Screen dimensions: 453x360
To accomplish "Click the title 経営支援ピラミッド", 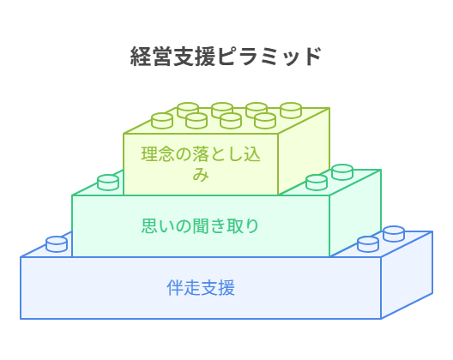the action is coord(226,57).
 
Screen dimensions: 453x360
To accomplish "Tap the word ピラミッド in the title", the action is coord(269,57).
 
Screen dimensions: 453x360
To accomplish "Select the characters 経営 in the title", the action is coord(151,57).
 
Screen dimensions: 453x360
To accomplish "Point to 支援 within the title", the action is coord(195,57).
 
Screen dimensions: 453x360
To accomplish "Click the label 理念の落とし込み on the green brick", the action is coord(201,164).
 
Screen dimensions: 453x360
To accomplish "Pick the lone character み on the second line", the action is coord(201,174).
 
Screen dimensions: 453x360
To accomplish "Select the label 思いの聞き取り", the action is coord(200,225).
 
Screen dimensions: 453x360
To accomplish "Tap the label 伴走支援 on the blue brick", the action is coord(201,287).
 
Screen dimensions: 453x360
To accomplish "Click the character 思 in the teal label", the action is coord(149,225).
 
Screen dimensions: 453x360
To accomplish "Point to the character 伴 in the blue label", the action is coord(175,287).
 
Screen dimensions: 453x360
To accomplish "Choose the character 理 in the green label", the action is coord(149,154).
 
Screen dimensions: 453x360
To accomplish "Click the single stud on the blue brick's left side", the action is coord(57,244).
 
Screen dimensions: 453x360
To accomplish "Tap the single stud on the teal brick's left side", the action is coord(108,183).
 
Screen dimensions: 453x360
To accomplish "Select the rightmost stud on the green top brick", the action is coord(291,111).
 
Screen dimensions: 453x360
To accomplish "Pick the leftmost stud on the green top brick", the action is coord(162,121).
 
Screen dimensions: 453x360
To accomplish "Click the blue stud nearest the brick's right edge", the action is coord(394,234).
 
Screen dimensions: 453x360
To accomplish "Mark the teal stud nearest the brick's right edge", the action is coord(342,172).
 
